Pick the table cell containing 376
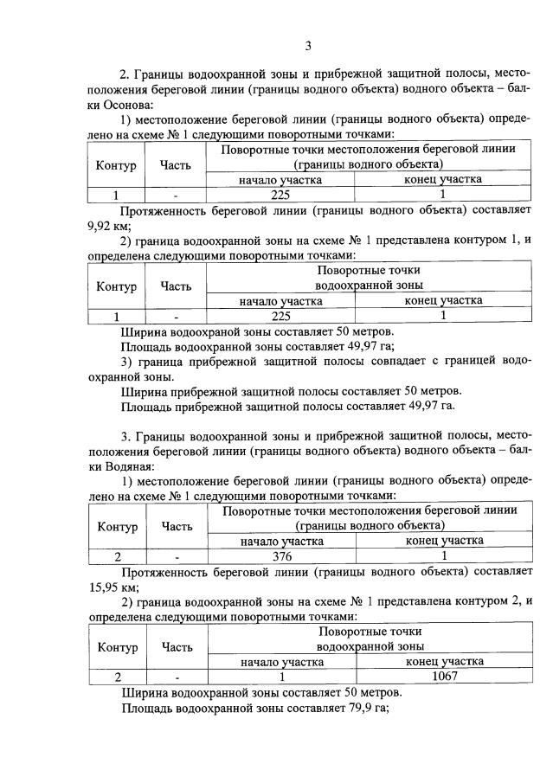pyautogui.click(x=280, y=556)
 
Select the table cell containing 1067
pyautogui.click(x=444, y=677)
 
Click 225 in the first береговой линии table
pyautogui.click(x=280, y=195)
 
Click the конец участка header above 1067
pyautogui.click(x=444, y=661)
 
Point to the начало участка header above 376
pyautogui.click(x=280, y=541)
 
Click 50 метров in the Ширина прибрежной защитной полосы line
pyautogui.click(x=426, y=390)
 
